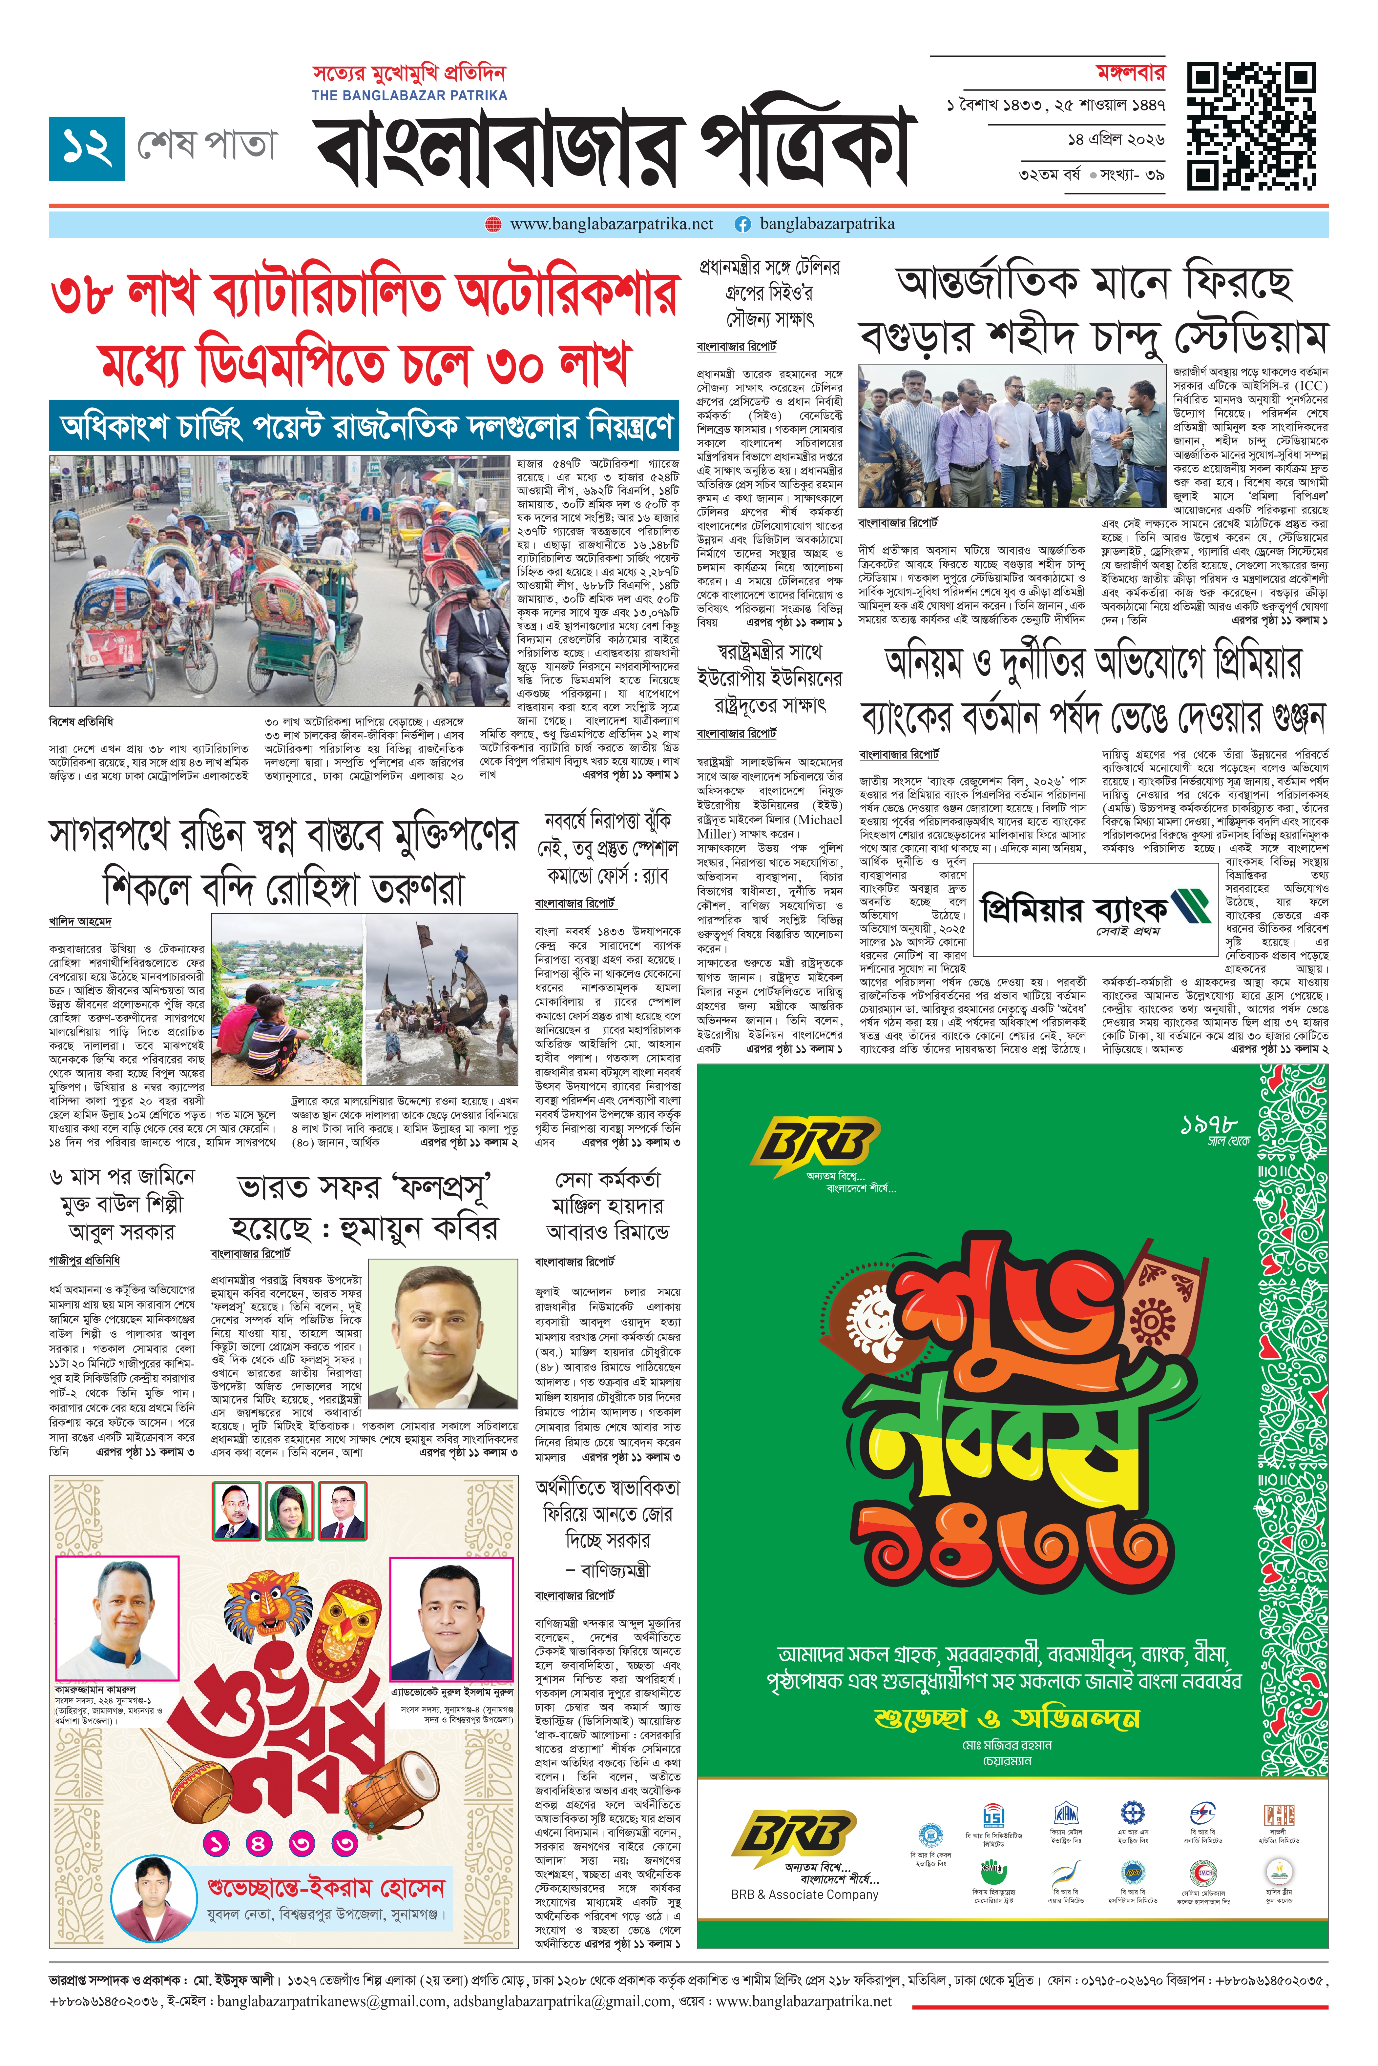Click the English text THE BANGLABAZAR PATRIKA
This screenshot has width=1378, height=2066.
(x=409, y=95)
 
